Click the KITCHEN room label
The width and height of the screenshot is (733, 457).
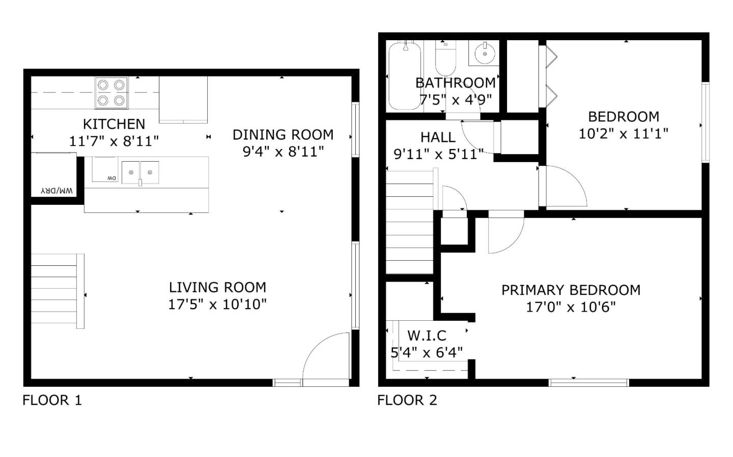pyautogui.click(x=114, y=124)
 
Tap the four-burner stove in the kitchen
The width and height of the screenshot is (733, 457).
pyautogui.click(x=111, y=93)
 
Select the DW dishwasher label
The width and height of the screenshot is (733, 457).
pyautogui.click(x=111, y=178)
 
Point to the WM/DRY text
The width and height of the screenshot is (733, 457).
pyautogui.click(x=57, y=191)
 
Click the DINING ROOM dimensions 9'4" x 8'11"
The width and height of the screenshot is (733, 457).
pyautogui.click(x=283, y=151)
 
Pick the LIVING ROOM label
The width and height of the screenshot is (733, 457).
pyautogui.click(x=218, y=288)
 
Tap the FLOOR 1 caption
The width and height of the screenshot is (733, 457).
pyautogui.click(x=52, y=400)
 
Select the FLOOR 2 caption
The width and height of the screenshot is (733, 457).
pyautogui.click(x=407, y=400)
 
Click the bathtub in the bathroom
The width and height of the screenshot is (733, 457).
pyautogui.click(x=405, y=76)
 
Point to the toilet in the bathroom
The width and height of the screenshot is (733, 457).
pyautogui.click(x=445, y=58)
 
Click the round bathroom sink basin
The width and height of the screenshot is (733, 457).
pyautogui.click(x=485, y=53)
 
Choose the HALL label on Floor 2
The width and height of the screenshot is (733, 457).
pyautogui.click(x=438, y=137)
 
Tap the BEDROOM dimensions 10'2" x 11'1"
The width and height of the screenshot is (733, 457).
pyautogui.click(x=624, y=134)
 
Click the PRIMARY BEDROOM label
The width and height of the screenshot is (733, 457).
pyautogui.click(x=571, y=290)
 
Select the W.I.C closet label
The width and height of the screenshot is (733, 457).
pyautogui.click(x=427, y=336)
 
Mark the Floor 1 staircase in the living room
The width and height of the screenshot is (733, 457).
pyautogui.click(x=58, y=291)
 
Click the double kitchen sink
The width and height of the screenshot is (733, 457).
pyautogui.click(x=140, y=172)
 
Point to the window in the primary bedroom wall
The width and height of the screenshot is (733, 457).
pyautogui.click(x=589, y=382)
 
